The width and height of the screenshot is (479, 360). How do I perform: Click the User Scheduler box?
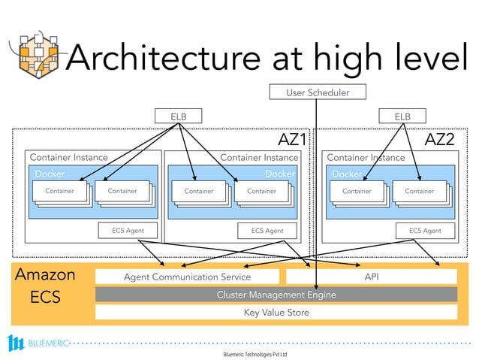[318, 92]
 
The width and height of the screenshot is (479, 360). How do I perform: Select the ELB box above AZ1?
[178, 116]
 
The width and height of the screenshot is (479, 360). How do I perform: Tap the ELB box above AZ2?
[403, 116]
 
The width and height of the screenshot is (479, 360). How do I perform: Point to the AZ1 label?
[293, 140]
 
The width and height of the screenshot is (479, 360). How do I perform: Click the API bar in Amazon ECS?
[371, 277]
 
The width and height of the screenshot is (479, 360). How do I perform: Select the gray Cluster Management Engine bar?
[276, 295]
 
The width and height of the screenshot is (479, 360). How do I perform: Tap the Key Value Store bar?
[276, 312]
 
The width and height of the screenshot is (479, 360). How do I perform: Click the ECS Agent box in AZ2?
[425, 231]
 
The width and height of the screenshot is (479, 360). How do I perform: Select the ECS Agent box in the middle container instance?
[267, 231]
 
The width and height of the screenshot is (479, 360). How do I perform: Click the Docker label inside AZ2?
[347, 174]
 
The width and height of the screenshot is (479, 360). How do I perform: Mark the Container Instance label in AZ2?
[366, 158]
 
